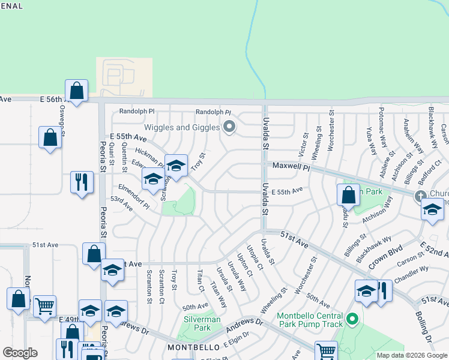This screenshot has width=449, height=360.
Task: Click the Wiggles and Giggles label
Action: click(x=181, y=127)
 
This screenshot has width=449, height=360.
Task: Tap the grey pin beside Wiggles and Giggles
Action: click(x=228, y=127)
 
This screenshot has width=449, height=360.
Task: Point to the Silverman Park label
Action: click(x=197, y=324)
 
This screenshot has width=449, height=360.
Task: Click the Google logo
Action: click(x=20, y=353)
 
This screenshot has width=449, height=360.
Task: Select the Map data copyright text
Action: click(x=411, y=355)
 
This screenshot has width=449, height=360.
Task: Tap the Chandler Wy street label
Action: click(x=411, y=273)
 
